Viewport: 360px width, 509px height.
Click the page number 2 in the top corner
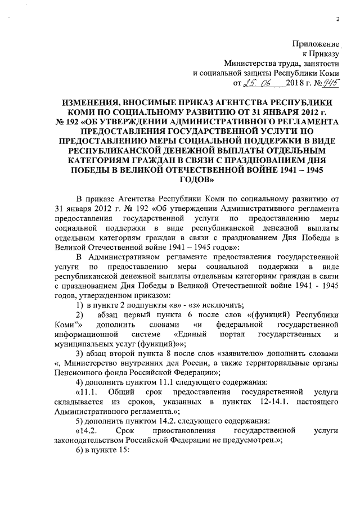(x=339, y=20)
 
